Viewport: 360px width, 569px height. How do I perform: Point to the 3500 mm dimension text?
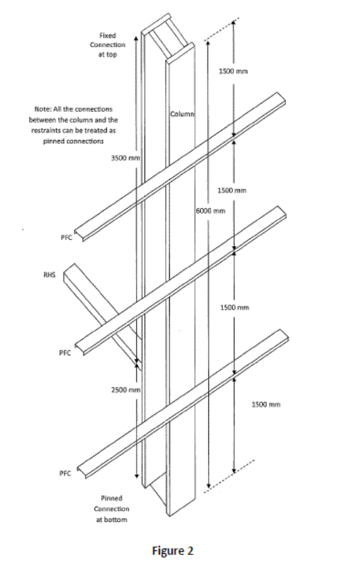coord(126,158)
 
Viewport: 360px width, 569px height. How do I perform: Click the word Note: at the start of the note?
coord(41,108)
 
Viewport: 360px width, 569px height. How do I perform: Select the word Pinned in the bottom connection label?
coord(110,497)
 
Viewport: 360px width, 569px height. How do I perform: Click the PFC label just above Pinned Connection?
coord(64,473)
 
